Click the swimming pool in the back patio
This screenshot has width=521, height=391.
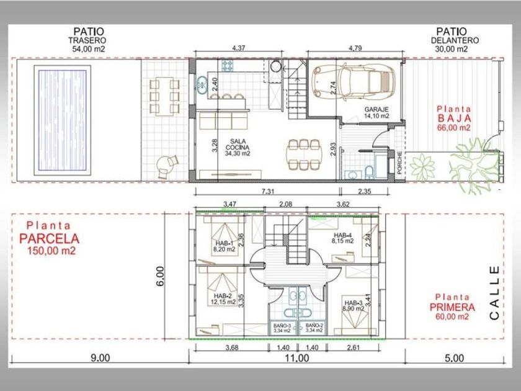click(62, 120)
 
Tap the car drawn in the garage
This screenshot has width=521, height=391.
click(354, 82)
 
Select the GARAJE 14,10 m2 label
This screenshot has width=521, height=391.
click(376, 112)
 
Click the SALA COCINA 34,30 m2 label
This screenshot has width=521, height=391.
click(238, 147)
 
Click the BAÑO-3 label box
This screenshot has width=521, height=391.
click(282, 328)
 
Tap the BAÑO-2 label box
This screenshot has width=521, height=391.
click(314, 328)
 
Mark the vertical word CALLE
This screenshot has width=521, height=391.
click(494, 292)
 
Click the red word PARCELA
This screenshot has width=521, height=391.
click(49, 238)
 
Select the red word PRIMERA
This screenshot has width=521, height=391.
click(452, 307)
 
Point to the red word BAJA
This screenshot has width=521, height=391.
click(454, 119)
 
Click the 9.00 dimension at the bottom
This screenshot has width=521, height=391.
click(100, 357)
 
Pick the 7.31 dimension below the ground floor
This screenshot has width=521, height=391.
click(268, 192)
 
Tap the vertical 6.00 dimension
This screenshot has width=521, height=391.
click(160, 276)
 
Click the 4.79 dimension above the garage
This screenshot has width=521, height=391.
click(355, 48)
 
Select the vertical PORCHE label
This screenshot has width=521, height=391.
click(399, 163)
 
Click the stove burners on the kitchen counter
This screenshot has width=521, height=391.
click(228, 65)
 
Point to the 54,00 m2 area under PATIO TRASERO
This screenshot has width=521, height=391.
click(89, 49)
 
